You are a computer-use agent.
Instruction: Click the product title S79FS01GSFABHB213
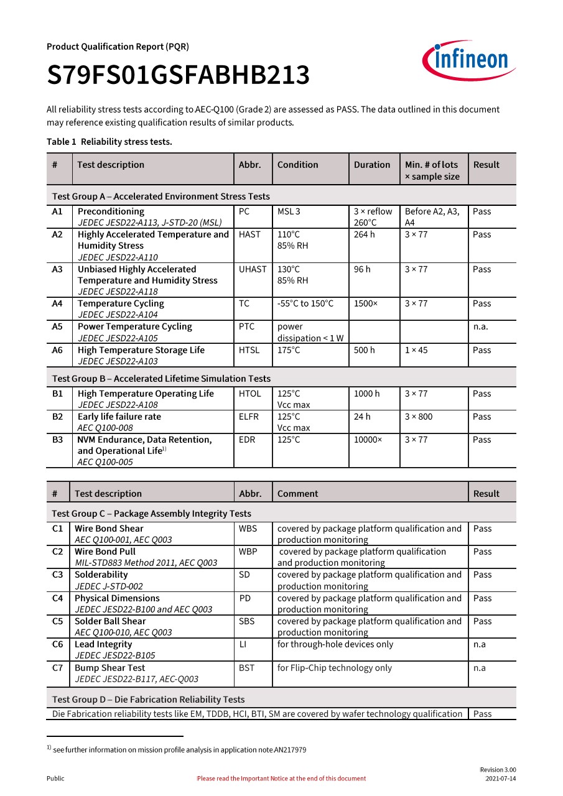(178, 76)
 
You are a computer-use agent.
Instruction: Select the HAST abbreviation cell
(249, 234)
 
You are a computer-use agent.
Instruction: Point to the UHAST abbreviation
(252, 269)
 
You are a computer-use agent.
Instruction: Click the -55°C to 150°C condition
(305, 303)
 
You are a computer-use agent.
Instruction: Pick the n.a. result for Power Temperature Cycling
(481, 326)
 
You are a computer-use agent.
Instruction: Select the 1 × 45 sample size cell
(416, 350)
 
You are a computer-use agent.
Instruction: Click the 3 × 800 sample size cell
(419, 417)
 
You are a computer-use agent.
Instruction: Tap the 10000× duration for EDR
(368, 440)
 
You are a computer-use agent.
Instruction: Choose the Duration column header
(372, 165)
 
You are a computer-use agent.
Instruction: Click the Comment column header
(297, 494)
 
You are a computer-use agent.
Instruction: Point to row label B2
(58, 417)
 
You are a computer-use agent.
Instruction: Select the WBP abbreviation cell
(248, 552)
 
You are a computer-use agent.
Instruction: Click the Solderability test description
(101, 575)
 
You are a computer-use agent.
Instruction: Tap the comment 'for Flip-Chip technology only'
(335, 668)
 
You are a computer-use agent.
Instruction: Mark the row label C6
(57, 644)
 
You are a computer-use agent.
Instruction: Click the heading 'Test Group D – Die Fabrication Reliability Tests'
(149, 699)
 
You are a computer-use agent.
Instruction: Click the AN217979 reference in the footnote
(290, 750)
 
